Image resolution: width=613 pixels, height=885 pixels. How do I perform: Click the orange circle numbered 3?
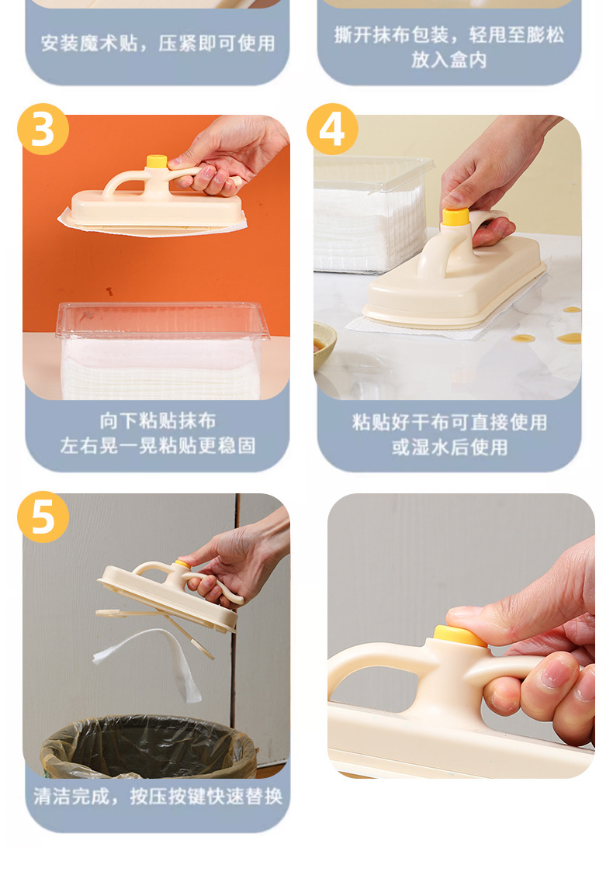pyautogui.click(x=43, y=130)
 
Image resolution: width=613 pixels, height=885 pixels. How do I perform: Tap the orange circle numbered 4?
pyautogui.click(x=332, y=130)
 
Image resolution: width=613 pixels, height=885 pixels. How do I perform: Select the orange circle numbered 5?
pyautogui.click(x=43, y=517)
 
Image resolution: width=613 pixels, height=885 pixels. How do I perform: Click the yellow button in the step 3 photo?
pyautogui.click(x=157, y=161)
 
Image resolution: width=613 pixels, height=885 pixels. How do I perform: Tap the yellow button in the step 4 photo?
pyautogui.click(x=455, y=216)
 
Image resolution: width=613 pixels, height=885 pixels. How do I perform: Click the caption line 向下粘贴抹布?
pyautogui.click(x=158, y=421)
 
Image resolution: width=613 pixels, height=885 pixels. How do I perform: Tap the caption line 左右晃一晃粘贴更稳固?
pyautogui.click(x=158, y=446)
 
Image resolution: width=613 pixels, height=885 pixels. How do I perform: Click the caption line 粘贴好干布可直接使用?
pyautogui.click(x=449, y=422)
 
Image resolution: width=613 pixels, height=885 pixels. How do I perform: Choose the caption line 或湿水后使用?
pyautogui.click(x=449, y=447)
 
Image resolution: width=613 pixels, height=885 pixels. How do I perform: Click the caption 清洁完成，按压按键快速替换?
pyautogui.click(x=158, y=797)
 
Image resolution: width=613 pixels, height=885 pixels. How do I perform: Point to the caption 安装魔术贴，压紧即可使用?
pyautogui.click(x=158, y=43)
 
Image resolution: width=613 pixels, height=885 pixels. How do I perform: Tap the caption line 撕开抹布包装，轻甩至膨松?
pyautogui.click(x=449, y=35)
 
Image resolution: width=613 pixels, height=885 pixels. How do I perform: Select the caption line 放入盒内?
pyautogui.click(x=449, y=60)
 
